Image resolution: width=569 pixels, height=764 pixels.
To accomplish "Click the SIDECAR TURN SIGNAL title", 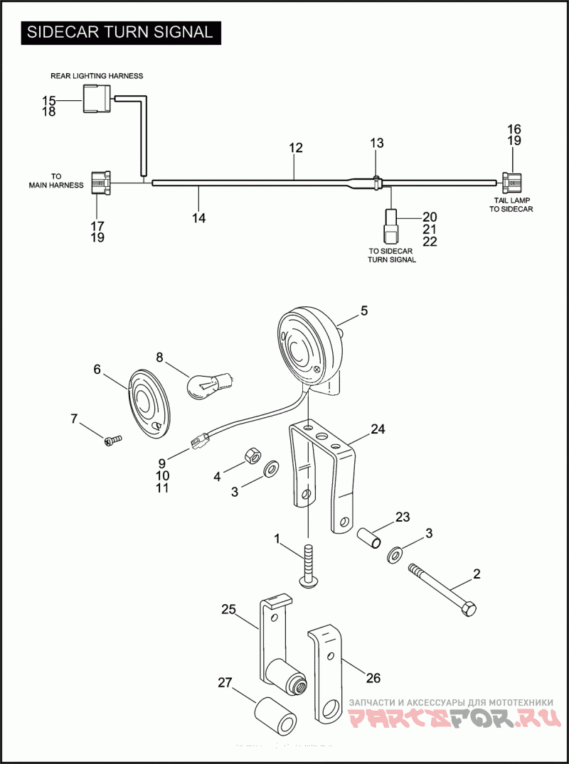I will (x=119, y=32).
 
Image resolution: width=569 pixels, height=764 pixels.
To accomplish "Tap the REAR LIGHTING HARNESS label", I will (x=97, y=75).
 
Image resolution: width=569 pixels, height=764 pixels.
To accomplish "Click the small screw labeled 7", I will (x=113, y=441).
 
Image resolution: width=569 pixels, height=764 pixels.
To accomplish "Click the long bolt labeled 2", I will (x=441, y=588).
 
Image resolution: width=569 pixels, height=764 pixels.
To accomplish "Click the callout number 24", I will (x=378, y=429).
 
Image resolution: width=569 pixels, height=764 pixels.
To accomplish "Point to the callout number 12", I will (x=296, y=148).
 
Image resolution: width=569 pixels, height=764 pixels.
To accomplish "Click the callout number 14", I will (x=199, y=218).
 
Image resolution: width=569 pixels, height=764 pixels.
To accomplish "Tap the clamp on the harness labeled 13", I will (x=376, y=183).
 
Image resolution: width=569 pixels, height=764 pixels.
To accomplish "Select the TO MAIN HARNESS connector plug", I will (x=99, y=183).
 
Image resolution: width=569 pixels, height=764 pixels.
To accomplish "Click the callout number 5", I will (x=364, y=311).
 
